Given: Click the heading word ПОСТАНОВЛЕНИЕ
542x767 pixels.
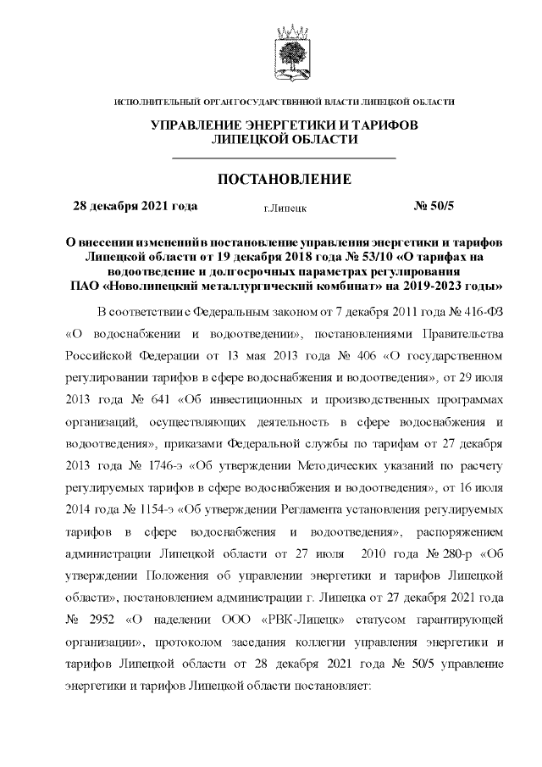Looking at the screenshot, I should (285, 180).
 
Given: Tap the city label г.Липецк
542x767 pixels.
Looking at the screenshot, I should (285, 207).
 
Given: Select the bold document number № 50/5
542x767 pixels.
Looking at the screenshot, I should (434, 205).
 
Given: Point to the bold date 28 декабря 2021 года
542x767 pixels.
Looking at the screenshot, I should (135, 205).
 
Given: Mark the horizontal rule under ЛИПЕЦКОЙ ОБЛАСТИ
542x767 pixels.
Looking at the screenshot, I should (285, 158).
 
